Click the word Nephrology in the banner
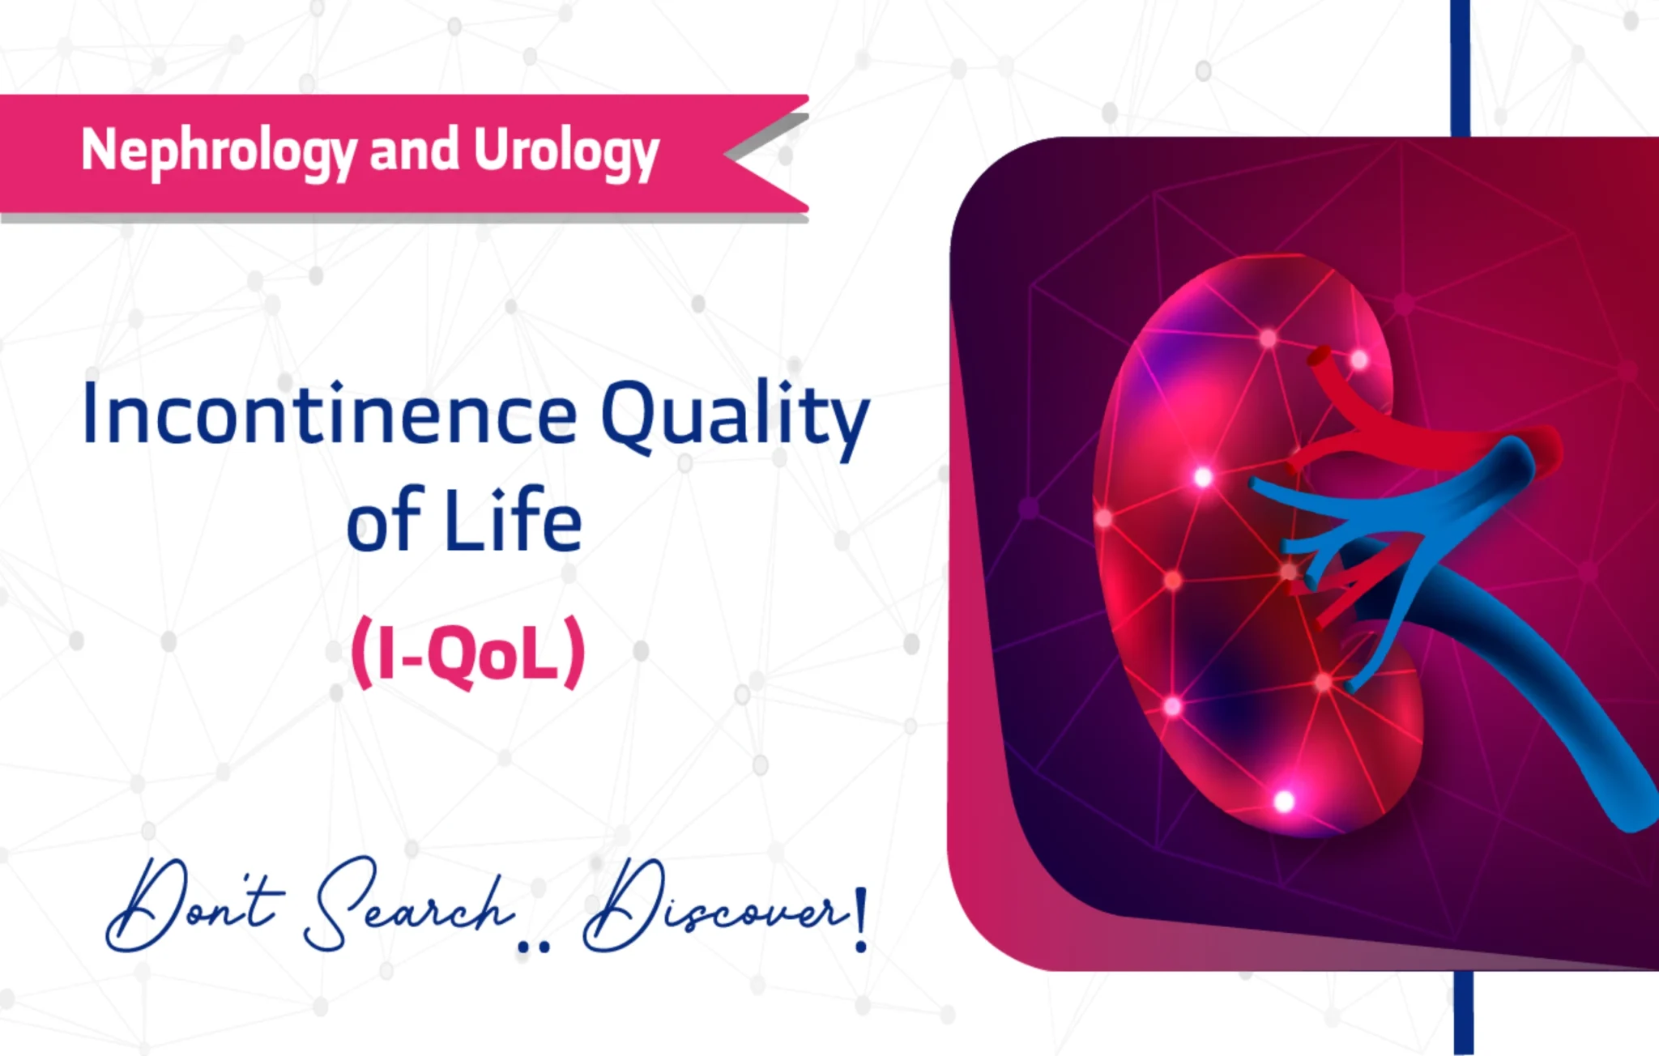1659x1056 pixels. click(x=219, y=151)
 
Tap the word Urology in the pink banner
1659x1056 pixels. click(x=566, y=151)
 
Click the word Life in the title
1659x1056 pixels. click(x=513, y=521)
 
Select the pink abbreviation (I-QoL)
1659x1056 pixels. click(x=468, y=653)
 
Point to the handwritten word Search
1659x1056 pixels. click(x=409, y=907)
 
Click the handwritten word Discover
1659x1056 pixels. click(x=713, y=907)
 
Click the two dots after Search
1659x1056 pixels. click(x=533, y=944)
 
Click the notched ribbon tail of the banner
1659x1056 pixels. click(x=766, y=154)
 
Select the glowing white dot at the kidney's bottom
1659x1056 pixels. click(x=1284, y=802)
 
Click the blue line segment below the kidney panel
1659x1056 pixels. click(x=1462, y=1012)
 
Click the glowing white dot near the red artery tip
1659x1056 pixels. click(x=1359, y=359)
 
